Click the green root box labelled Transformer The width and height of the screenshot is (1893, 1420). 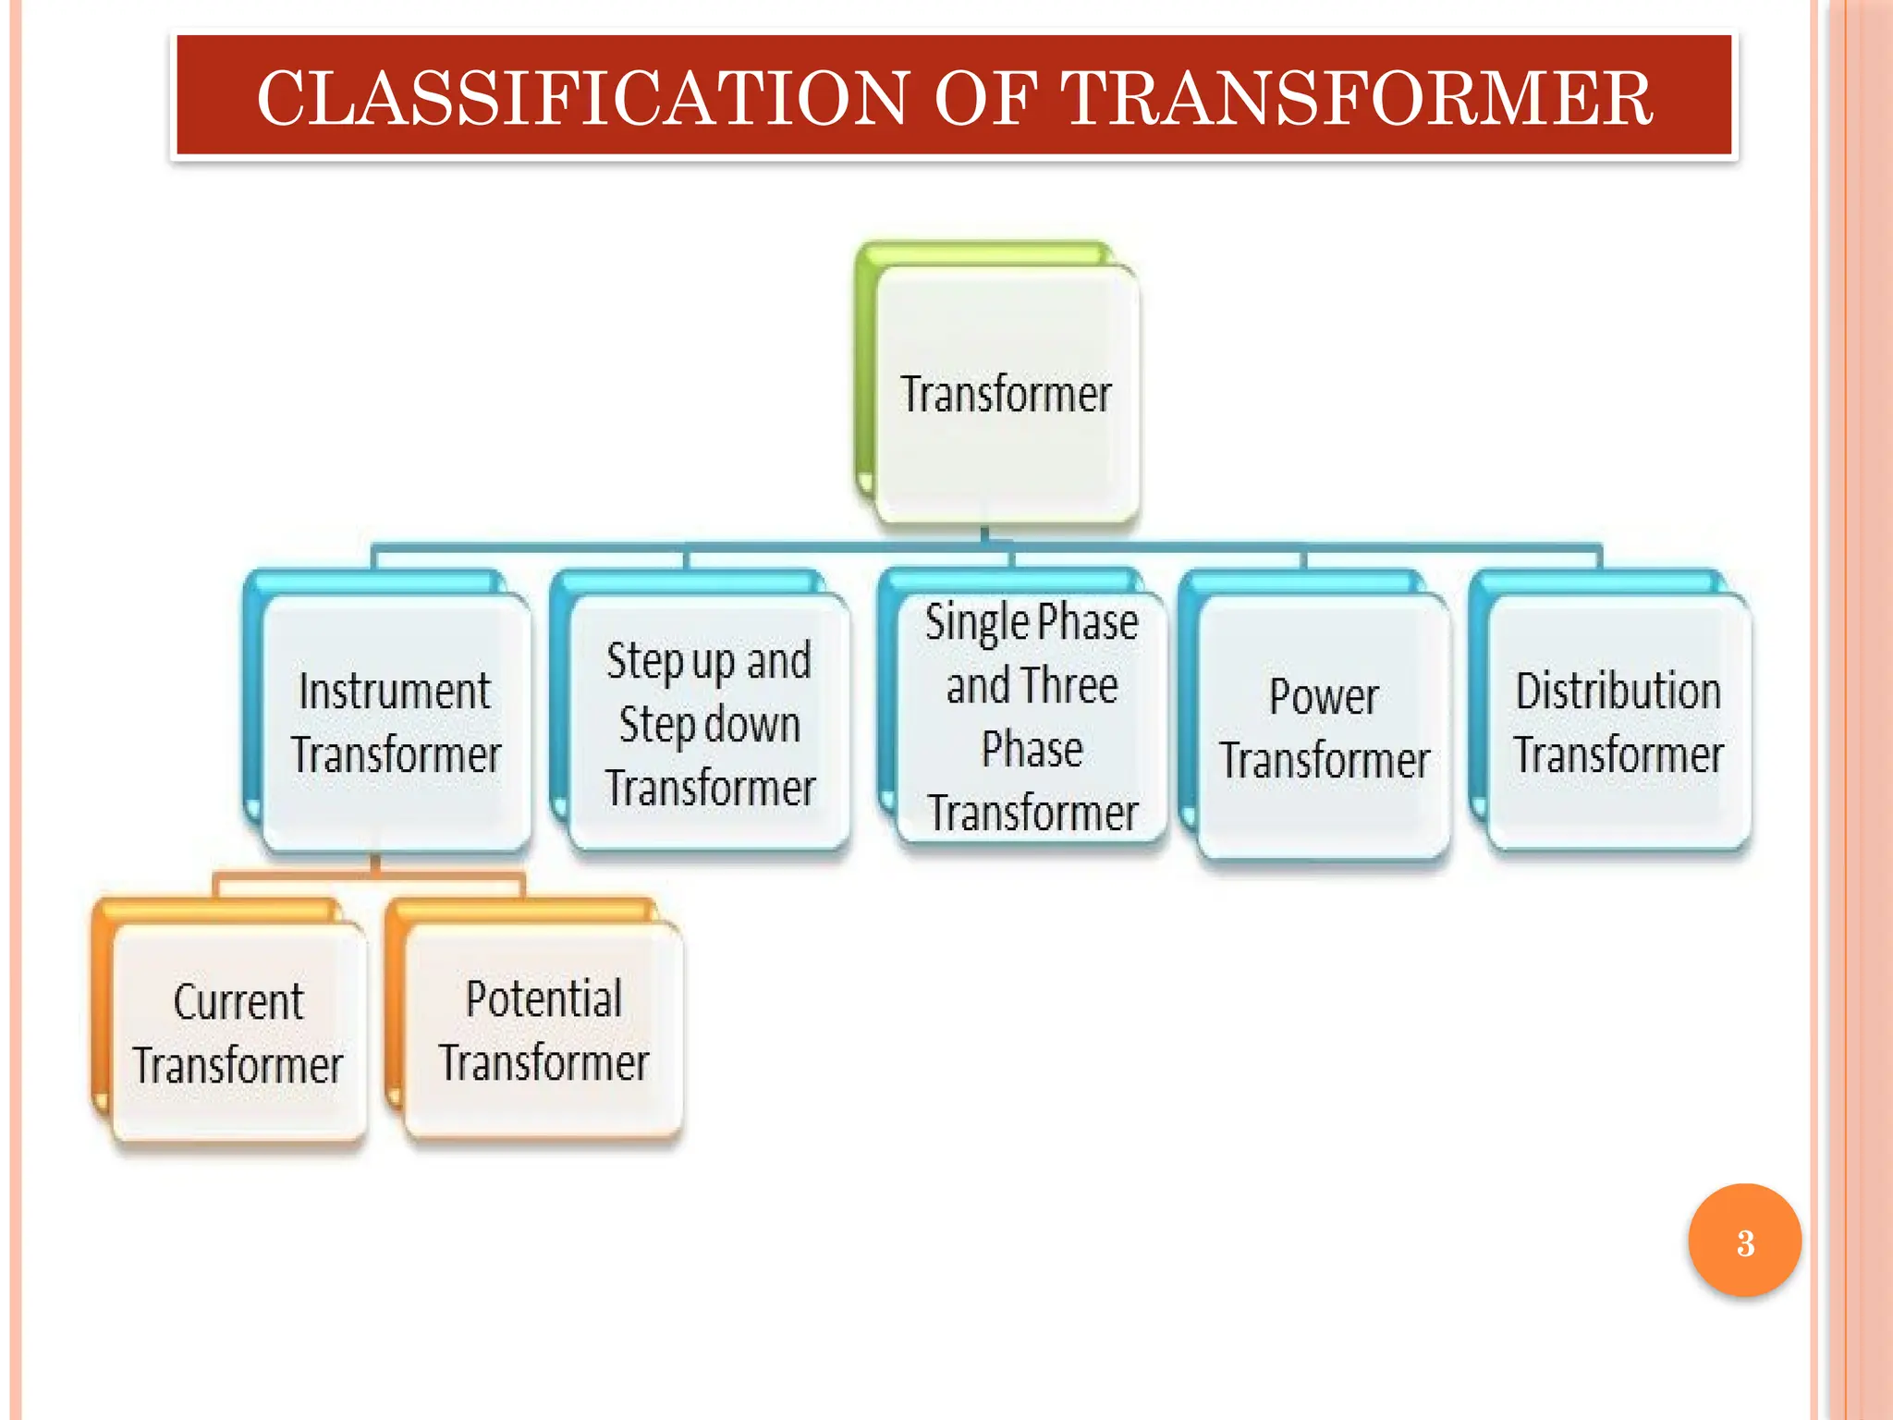(x=1006, y=394)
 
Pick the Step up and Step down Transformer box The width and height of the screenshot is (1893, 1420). (x=709, y=724)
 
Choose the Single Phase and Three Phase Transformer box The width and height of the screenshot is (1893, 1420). (x=1032, y=717)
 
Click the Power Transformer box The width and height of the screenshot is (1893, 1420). (x=1324, y=728)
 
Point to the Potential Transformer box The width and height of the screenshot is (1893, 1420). (x=543, y=1030)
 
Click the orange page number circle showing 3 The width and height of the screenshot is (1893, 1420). (x=1744, y=1242)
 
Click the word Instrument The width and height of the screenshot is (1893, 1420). (x=395, y=692)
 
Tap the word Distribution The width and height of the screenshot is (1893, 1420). (x=1618, y=692)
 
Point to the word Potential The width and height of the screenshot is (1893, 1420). (x=543, y=998)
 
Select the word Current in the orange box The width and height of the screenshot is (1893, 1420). (x=238, y=1001)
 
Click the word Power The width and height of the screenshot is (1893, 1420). (x=1324, y=696)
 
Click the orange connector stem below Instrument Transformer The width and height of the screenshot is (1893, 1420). (x=375, y=863)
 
